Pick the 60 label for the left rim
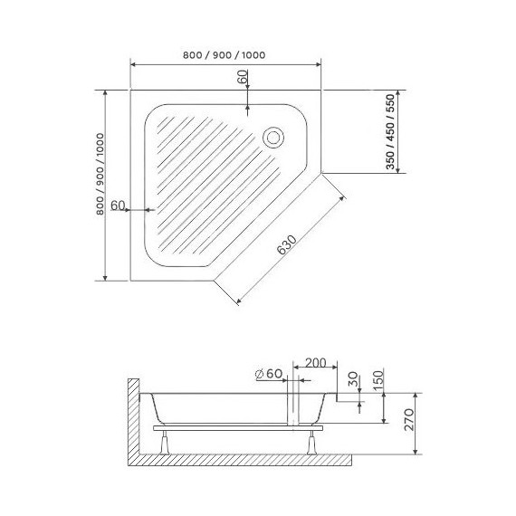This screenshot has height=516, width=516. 117,205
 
